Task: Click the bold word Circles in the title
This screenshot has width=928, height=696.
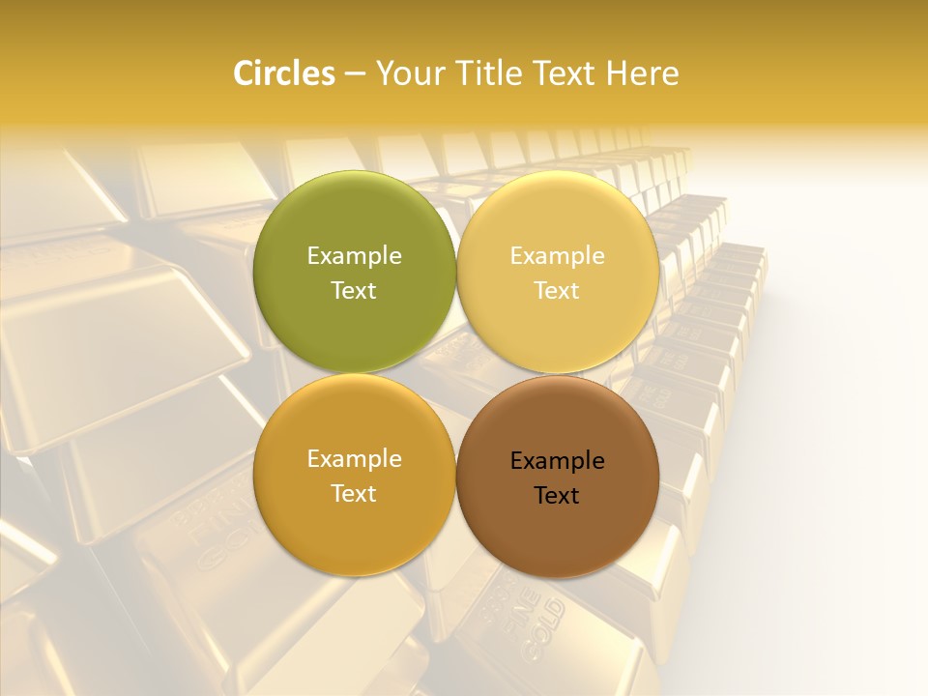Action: [283, 73]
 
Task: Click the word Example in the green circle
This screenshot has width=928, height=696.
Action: [354, 255]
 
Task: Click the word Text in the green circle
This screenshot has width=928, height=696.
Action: [354, 290]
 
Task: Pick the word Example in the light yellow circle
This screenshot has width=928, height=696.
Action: [557, 255]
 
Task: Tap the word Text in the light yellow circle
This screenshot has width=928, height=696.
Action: [557, 290]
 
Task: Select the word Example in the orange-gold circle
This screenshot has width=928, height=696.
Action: [354, 458]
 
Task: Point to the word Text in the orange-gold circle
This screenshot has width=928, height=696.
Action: [354, 493]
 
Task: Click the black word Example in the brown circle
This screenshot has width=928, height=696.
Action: [557, 460]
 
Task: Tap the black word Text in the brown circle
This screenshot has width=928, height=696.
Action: [557, 495]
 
